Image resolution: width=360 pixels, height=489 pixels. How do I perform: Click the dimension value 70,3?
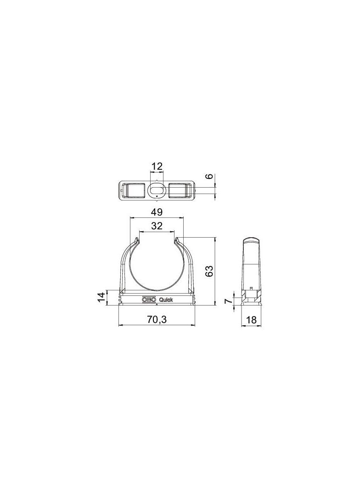coord(157,319)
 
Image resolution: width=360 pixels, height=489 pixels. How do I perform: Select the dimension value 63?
coord(209,271)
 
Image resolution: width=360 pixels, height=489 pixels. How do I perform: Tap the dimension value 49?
coord(157,212)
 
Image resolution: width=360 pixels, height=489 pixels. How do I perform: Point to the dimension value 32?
coord(157,226)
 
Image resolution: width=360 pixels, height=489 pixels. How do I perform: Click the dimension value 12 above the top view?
coord(157,167)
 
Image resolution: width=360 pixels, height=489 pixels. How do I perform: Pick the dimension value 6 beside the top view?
coord(210,176)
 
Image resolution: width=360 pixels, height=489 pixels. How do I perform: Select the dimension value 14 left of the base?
coord(101,298)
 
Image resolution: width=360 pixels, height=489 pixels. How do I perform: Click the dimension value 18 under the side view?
coord(251,319)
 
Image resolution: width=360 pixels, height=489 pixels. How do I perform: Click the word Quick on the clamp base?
coord(166,300)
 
